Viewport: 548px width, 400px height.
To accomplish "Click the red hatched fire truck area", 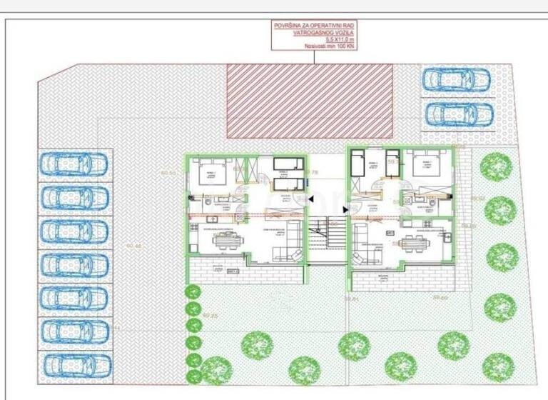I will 310,100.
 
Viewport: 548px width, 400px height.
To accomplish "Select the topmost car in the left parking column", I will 73,164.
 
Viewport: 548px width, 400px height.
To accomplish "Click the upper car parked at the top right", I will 456,79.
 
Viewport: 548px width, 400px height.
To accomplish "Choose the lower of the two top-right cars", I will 458,114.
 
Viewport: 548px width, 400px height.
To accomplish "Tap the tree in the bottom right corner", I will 497,366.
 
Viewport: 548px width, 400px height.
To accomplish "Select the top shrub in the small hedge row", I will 192,291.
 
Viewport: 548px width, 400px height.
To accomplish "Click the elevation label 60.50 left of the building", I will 168,173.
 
